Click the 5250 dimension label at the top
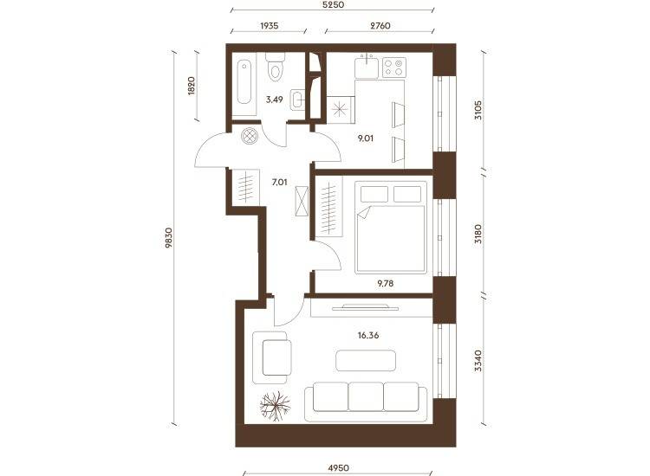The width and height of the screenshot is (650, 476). coord(334,5)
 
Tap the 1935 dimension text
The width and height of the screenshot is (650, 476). coord(269,26)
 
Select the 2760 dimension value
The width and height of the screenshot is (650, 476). coord(380,26)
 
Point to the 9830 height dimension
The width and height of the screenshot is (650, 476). coord(169,238)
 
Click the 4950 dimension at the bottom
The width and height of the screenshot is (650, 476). coord(338,468)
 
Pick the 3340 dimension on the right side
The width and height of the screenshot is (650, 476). coord(478,361)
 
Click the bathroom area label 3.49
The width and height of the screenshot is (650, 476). coord(275,100)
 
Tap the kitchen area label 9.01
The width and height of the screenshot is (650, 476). coord(365,138)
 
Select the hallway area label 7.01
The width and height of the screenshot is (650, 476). coord(279,182)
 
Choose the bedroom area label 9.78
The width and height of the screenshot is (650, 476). coord(385,284)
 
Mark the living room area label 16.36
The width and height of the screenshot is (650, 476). coord(368,335)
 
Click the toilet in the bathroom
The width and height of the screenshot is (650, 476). coord(275,67)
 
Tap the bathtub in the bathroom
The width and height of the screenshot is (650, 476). coord(244,82)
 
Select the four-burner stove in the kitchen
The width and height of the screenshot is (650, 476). coord(393,68)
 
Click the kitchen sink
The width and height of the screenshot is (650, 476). coord(367,67)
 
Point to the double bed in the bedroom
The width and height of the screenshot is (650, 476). coord(391,228)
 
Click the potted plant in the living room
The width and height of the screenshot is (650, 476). coord(275,406)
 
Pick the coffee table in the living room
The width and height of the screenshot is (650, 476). coord(366,361)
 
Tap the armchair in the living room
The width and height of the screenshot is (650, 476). coord(272,357)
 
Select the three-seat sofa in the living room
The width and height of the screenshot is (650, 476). coord(366,402)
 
